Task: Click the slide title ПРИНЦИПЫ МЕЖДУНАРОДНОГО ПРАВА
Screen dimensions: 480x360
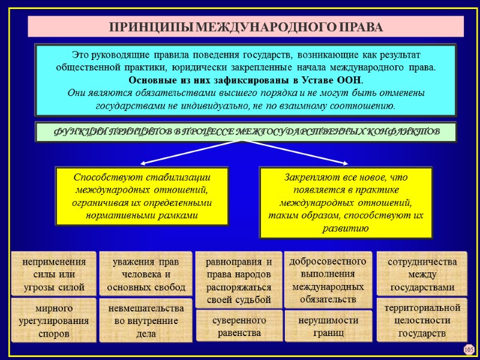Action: click(x=245, y=28)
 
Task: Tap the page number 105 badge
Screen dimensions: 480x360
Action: click(x=469, y=349)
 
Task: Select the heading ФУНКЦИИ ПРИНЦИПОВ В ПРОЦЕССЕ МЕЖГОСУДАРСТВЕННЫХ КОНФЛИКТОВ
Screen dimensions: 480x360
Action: click(x=245, y=131)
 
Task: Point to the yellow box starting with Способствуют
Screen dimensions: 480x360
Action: click(x=142, y=196)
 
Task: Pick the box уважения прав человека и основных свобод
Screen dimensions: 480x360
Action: click(x=146, y=274)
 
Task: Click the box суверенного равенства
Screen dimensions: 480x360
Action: click(x=239, y=326)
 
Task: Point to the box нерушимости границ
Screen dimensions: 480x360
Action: click(x=328, y=326)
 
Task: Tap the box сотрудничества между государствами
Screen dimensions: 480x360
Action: click(x=422, y=274)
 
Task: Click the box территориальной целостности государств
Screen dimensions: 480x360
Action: click(x=422, y=320)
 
